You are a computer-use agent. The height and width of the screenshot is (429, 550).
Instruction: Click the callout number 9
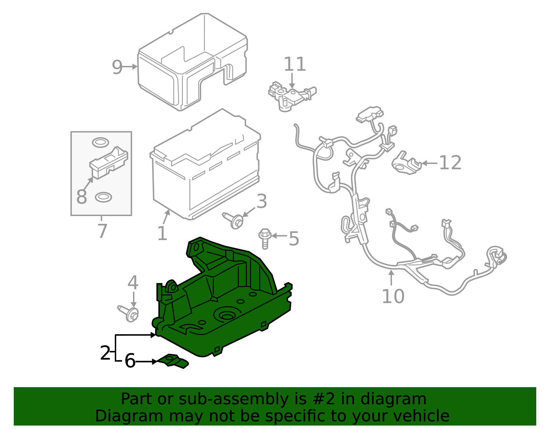click(117, 67)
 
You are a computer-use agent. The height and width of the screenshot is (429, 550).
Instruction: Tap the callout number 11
click(295, 65)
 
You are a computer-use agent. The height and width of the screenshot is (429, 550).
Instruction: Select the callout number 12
click(450, 163)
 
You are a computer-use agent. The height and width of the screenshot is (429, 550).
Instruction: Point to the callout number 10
click(393, 296)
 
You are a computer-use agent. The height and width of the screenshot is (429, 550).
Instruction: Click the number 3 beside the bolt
click(262, 201)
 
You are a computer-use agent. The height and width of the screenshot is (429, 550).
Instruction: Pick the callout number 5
click(294, 238)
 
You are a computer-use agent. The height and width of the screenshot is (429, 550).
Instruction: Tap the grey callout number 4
click(133, 283)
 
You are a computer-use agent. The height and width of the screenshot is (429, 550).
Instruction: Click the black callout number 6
click(130, 361)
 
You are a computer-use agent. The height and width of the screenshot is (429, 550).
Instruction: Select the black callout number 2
click(105, 353)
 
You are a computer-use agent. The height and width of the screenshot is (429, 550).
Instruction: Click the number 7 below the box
click(102, 231)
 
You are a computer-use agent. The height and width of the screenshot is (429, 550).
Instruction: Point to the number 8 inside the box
click(81, 197)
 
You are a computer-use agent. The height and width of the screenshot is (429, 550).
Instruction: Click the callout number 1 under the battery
click(162, 234)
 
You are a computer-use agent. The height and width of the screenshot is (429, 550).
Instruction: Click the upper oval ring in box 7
click(100, 142)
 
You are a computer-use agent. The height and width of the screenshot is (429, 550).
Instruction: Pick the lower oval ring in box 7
click(103, 197)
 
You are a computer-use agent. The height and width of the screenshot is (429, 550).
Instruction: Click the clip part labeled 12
click(406, 163)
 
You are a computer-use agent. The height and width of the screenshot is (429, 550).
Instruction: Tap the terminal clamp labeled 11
click(289, 96)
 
